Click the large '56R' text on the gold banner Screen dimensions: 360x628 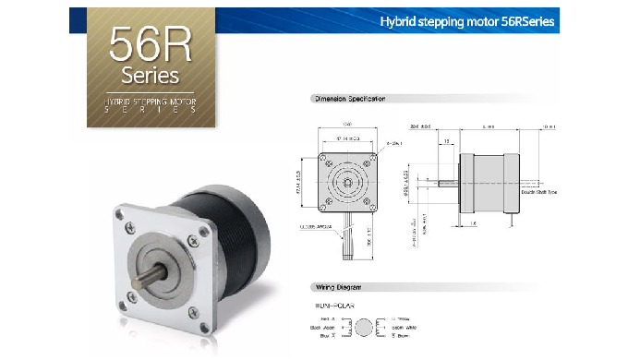coord(150,42)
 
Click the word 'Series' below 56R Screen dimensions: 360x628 coord(150,73)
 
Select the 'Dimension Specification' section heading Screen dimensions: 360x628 coord(350,98)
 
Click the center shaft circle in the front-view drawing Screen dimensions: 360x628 coord(347,178)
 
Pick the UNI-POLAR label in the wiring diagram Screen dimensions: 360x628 coord(333,303)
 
